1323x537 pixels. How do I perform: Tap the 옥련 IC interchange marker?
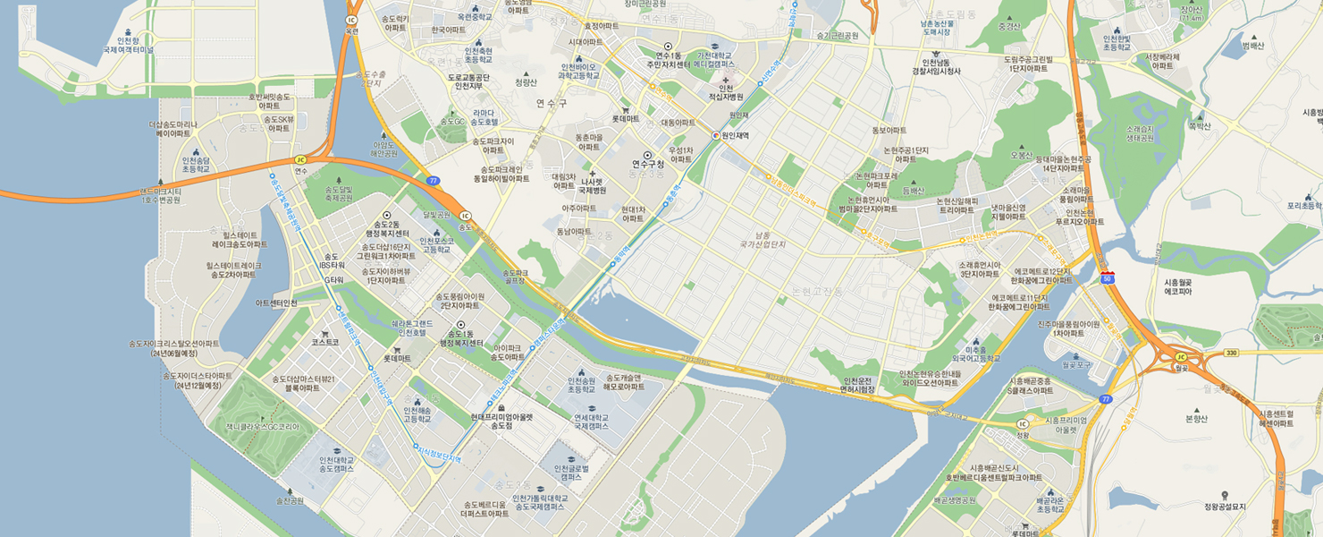point(351,20)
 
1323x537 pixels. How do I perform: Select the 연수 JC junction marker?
point(300,160)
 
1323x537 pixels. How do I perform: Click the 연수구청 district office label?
point(648,164)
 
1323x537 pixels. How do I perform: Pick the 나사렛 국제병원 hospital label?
point(593,185)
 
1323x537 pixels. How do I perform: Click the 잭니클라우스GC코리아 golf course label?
point(262,427)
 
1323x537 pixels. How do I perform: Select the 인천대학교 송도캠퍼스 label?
point(336,465)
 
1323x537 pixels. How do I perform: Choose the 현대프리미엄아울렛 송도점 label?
point(501,421)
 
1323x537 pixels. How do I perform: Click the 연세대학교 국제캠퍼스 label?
point(591,422)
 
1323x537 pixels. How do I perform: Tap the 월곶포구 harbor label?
point(1077,364)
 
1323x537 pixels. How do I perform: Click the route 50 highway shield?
point(1108,278)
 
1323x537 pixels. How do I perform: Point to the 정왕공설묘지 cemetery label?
point(1224,507)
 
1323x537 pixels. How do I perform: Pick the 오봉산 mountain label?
point(1021,154)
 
